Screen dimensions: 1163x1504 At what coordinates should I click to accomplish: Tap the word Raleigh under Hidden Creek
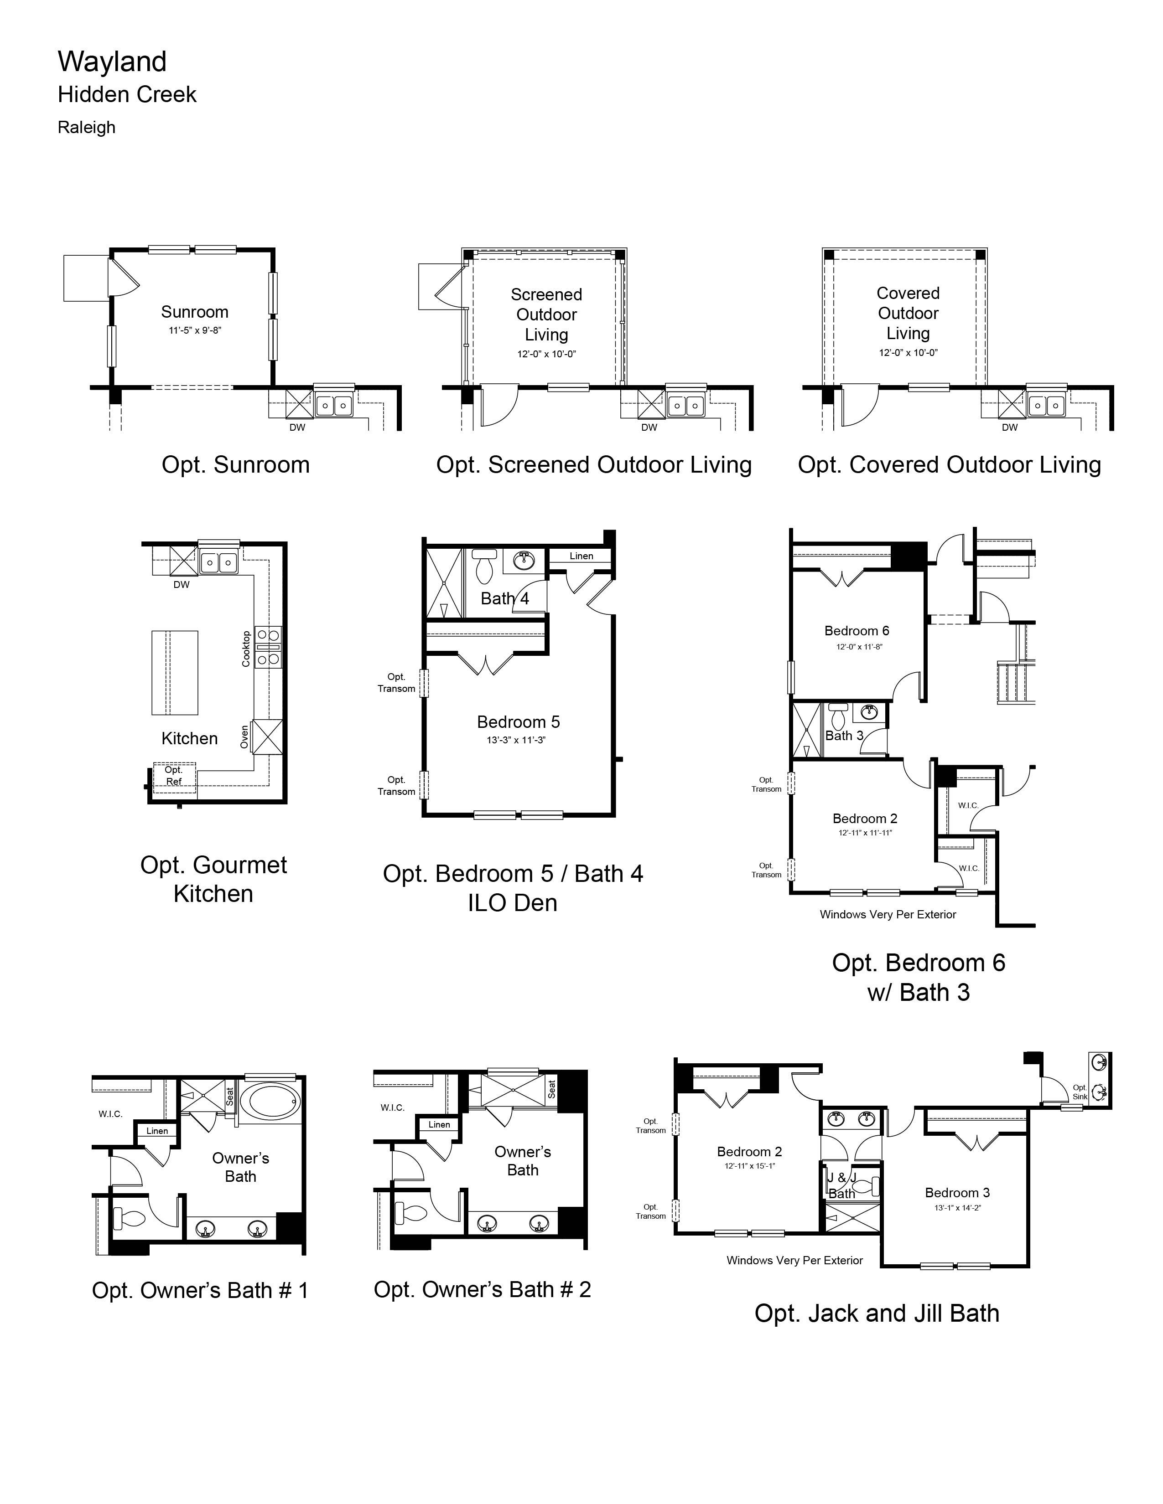click(x=87, y=128)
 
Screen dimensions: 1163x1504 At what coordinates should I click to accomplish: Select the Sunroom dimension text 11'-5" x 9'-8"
click(x=195, y=330)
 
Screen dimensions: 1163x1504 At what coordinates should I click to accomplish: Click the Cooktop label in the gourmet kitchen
click(x=246, y=649)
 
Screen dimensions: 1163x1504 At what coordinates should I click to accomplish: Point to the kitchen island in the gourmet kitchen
click(x=175, y=672)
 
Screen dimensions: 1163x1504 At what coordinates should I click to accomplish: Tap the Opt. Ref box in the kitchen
click(x=174, y=776)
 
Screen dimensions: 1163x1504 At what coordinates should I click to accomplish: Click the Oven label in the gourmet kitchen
click(x=244, y=737)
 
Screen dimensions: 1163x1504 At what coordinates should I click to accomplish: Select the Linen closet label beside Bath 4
click(x=581, y=556)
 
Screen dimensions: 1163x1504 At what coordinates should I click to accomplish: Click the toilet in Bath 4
click(x=485, y=565)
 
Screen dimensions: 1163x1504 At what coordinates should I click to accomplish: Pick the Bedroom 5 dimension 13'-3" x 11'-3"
click(x=516, y=740)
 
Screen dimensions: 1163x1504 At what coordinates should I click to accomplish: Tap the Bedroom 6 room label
click(x=857, y=631)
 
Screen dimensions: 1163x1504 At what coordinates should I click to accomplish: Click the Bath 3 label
click(x=845, y=736)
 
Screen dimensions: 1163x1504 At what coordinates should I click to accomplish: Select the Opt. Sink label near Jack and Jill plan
click(x=1080, y=1092)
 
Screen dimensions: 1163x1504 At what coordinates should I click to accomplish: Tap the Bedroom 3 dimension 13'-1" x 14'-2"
click(x=958, y=1208)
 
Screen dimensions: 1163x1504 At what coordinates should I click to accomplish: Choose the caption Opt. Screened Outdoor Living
click(x=594, y=465)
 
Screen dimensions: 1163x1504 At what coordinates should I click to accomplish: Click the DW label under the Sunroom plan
click(x=297, y=428)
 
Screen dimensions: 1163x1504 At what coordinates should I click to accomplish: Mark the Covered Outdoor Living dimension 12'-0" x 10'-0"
click(x=908, y=353)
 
